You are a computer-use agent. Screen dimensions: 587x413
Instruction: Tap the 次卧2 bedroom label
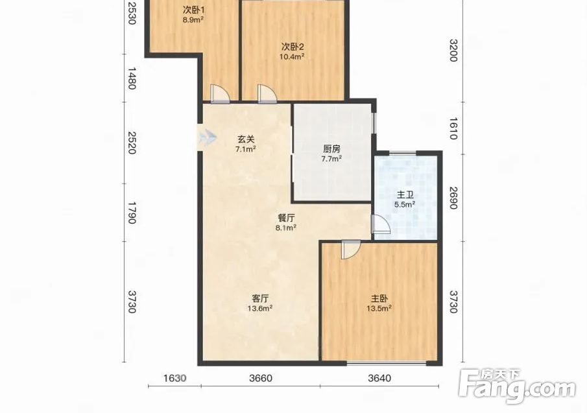(293, 47)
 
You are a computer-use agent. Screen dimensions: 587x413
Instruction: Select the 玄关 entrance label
(246, 139)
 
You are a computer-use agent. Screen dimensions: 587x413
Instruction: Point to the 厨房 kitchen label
(331, 149)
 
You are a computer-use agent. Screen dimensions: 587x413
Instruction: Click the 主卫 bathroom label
(405, 195)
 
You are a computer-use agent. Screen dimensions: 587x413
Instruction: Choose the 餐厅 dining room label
(286, 218)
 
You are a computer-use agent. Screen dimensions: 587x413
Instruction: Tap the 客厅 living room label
(260, 298)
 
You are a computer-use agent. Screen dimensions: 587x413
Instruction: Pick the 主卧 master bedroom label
(379, 298)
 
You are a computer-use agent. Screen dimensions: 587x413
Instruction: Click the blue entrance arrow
(207, 137)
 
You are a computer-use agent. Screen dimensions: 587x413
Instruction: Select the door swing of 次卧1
(220, 93)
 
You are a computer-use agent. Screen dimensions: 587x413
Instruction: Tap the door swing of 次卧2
(267, 93)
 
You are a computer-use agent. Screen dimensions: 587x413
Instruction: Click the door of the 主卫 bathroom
(381, 224)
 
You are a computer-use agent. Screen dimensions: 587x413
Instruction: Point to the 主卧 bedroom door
(351, 250)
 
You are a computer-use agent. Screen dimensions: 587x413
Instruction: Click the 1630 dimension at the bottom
(175, 378)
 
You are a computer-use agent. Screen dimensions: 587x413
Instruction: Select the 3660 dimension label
(261, 378)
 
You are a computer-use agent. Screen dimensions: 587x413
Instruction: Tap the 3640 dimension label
(379, 378)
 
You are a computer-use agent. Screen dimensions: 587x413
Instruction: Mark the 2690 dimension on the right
(453, 198)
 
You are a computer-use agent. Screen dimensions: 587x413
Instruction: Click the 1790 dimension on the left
(132, 213)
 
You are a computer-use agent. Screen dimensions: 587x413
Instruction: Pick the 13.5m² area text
(379, 308)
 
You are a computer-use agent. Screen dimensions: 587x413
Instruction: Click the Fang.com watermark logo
(517, 386)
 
